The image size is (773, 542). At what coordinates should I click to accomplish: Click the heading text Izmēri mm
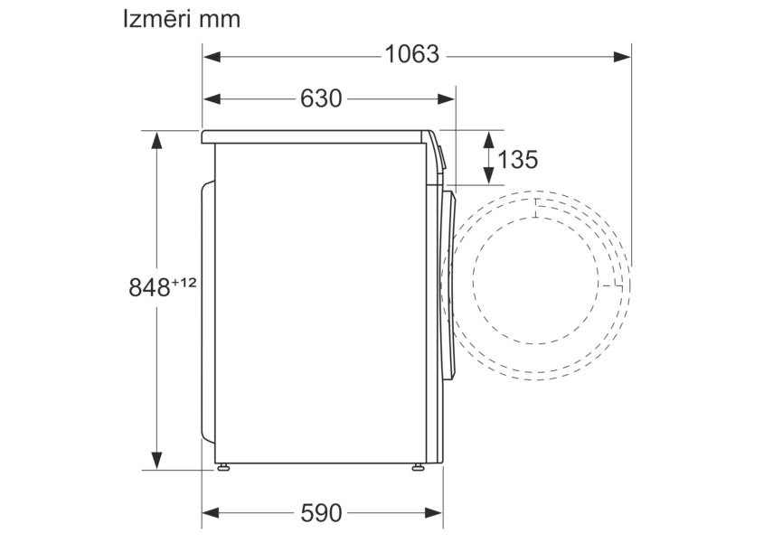[x=182, y=20]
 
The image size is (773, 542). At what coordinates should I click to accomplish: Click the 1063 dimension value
[x=411, y=54]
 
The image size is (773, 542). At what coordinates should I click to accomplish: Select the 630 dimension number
[x=321, y=98]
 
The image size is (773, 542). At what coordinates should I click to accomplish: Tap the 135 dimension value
[x=518, y=159]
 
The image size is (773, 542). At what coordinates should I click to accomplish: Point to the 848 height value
[x=149, y=287]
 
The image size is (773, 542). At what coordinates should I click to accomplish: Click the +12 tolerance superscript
[x=184, y=283]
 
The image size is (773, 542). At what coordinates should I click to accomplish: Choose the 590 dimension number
[x=321, y=513]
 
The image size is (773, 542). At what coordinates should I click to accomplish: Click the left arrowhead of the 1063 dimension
[x=212, y=57]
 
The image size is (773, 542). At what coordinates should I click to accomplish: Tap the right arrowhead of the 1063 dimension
[x=622, y=57]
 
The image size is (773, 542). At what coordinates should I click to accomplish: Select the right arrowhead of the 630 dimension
[x=446, y=99]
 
